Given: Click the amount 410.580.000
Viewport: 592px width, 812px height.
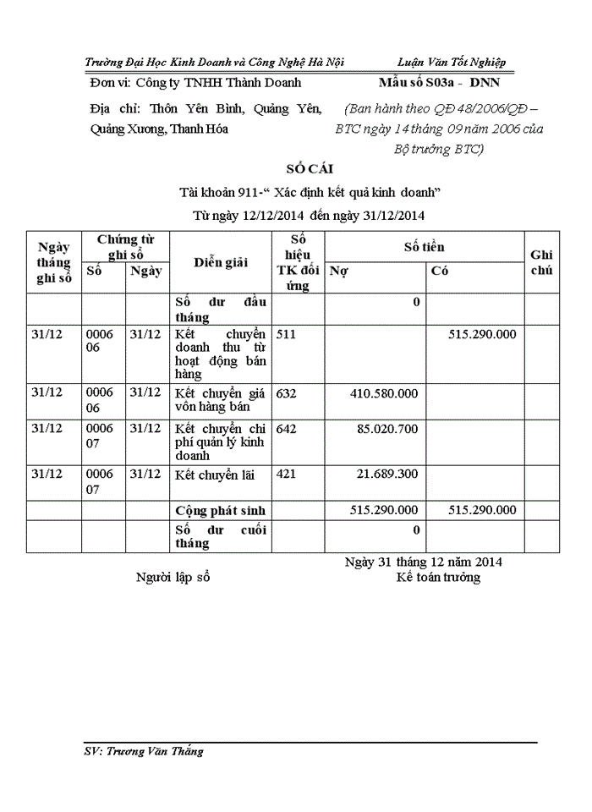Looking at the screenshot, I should [x=383, y=393].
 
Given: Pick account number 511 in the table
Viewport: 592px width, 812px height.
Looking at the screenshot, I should [x=286, y=334].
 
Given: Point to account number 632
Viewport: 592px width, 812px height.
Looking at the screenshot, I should [x=286, y=393].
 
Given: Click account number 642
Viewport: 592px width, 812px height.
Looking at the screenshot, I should [x=286, y=429].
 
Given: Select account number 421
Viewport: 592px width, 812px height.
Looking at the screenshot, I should [x=286, y=474].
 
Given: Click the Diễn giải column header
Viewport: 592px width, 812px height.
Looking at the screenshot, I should [x=220, y=262].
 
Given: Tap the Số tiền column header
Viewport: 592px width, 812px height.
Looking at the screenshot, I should [x=424, y=247].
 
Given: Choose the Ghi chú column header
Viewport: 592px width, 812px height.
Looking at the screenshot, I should [x=541, y=262].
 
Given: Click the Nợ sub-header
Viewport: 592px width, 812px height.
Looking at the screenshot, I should [x=338, y=272].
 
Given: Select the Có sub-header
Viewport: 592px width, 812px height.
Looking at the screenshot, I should [x=439, y=272].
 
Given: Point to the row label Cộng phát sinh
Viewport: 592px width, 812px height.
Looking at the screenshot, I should [x=220, y=510].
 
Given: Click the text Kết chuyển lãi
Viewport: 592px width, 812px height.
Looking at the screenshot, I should [x=214, y=475].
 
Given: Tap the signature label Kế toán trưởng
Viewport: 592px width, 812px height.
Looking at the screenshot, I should [x=439, y=578].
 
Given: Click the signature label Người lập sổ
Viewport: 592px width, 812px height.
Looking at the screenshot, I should [x=173, y=578].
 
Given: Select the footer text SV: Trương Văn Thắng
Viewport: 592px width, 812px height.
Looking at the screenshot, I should [x=145, y=751].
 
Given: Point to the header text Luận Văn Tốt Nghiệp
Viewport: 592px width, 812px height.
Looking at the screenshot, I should [x=451, y=63].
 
